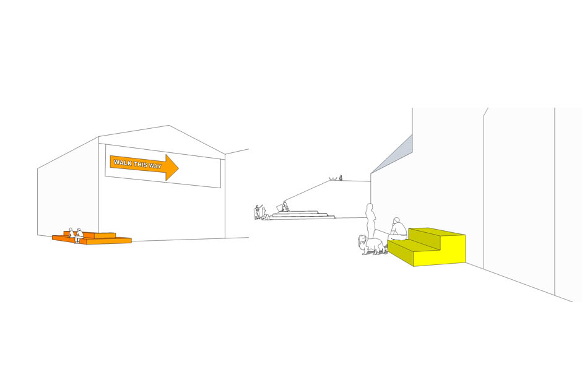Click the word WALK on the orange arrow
coord(121,162)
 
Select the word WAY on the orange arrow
coord(155,166)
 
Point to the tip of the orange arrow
coord(178,168)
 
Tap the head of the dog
coord(363,240)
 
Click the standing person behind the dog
coord(370,221)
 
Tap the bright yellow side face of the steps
coord(445,249)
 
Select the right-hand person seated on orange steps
coord(79,235)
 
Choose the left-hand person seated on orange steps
coord(71,233)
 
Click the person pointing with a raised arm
coord(257,212)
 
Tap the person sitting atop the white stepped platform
coord(285,207)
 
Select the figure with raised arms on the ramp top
coord(333,179)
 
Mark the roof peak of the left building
coord(169,126)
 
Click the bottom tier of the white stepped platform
coord(303,217)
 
